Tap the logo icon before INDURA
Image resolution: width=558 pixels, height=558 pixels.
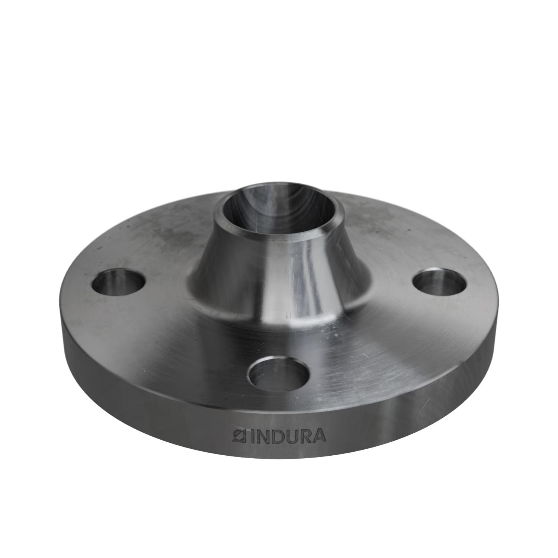tap(237, 436)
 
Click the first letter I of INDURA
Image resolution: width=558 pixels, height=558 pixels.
tap(248, 436)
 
